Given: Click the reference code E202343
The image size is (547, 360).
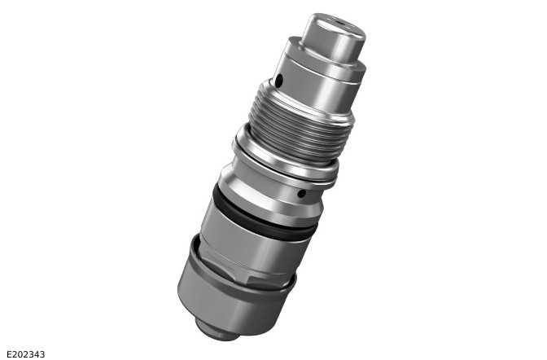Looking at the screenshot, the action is (x=26, y=354).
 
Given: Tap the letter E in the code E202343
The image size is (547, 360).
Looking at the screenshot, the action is (x=9, y=354).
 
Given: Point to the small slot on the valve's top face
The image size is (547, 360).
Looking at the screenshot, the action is (x=339, y=23).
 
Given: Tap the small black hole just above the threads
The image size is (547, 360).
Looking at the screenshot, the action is (x=278, y=81).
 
